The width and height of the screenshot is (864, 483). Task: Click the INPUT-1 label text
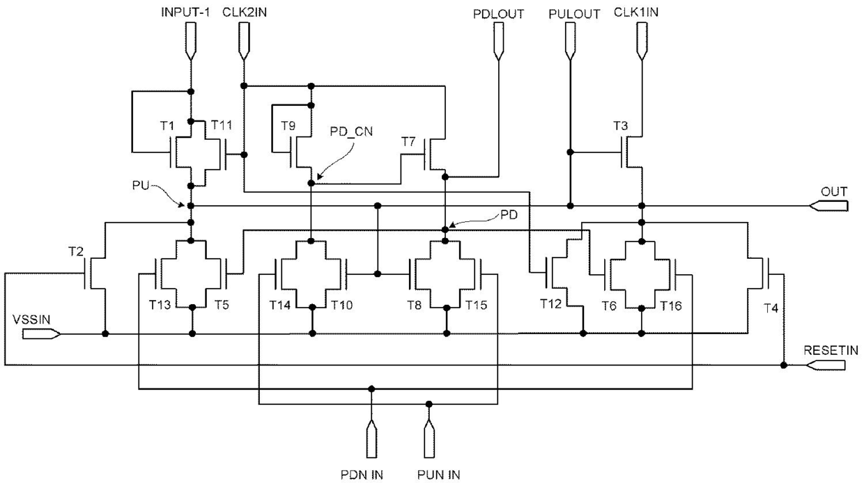[185, 13]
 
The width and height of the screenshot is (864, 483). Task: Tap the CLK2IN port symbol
[244, 41]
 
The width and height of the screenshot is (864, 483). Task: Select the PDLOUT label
[498, 14]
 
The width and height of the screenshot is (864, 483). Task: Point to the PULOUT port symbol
[570, 41]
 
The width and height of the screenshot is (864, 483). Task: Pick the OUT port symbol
[828, 206]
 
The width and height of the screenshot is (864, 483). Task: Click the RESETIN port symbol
[826, 365]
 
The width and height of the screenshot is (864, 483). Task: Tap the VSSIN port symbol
[41, 334]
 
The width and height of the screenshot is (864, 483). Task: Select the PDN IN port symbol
[371, 438]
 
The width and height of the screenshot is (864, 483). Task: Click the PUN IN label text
[438, 475]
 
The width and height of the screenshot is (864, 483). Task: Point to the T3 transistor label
[621, 125]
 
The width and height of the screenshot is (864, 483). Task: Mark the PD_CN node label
[351, 132]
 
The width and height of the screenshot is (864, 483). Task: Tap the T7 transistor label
[408, 142]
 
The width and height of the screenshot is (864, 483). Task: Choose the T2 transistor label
[75, 251]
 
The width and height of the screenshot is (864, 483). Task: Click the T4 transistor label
[771, 308]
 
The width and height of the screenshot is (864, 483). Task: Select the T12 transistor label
[550, 304]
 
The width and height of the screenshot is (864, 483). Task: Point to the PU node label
[141, 185]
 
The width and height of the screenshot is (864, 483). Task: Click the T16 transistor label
[671, 306]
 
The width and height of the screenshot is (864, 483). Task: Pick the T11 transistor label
[222, 125]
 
